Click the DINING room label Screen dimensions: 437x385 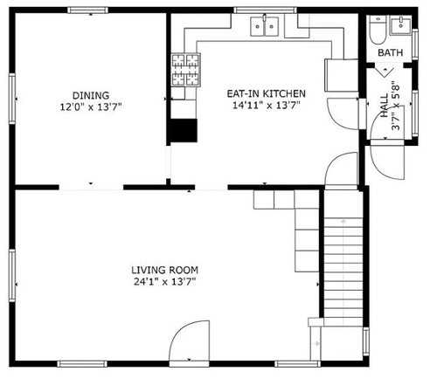click(x=91, y=95)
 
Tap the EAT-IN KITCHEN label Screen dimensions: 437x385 click(x=267, y=93)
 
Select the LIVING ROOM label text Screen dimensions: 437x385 click(x=165, y=270)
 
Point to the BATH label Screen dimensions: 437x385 click(x=391, y=52)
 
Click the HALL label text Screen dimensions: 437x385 click(x=385, y=106)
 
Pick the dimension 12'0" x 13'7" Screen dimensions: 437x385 click(x=91, y=107)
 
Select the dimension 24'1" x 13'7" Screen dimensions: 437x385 click(x=165, y=282)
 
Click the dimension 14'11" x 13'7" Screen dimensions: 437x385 click(x=267, y=105)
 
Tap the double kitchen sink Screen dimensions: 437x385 click(x=265, y=26)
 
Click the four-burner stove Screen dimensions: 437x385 click(x=186, y=70)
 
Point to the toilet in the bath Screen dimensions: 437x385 click(x=378, y=30)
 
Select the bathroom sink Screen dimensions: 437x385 click(x=400, y=25)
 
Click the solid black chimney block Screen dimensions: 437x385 click(x=184, y=130)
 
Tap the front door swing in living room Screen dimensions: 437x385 click(x=190, y=340)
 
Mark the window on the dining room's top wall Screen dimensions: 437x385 click(x=88, y=10)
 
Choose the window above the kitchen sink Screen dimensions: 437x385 click(x=265, y=10)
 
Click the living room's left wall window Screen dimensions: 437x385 click(x=12, y=276)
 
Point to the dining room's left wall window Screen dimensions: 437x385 click(x=12, y=99)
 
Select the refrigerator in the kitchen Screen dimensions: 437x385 click(x=341, y=75)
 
